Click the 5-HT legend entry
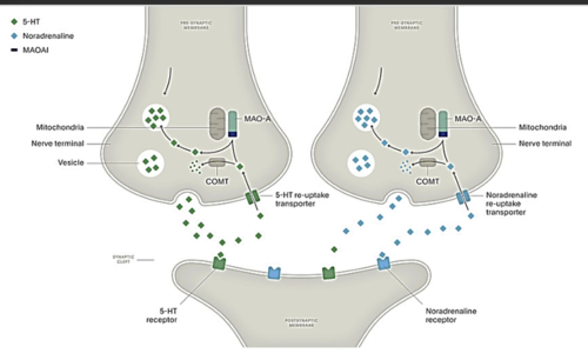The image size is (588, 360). [31, 22]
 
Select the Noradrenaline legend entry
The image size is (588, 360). [48, 36]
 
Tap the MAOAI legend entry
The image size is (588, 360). [35, 50]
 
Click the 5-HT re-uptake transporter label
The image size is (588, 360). [302, 199]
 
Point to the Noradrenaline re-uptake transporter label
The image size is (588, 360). [511, 203]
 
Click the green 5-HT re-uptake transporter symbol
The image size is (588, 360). [252, 197]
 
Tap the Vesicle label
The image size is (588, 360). [71, 163]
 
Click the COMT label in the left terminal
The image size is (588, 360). [217, 181]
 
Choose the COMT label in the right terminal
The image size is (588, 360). [428, 181]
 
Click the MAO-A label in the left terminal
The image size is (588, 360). [257, 119]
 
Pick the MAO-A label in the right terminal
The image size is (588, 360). [468, 119]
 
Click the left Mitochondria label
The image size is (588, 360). [60, 127]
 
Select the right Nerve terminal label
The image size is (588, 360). [545, 143]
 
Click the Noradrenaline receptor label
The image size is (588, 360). [450, 315]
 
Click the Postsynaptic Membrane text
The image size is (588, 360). [301, 323]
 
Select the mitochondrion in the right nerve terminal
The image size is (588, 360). [428, 124]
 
